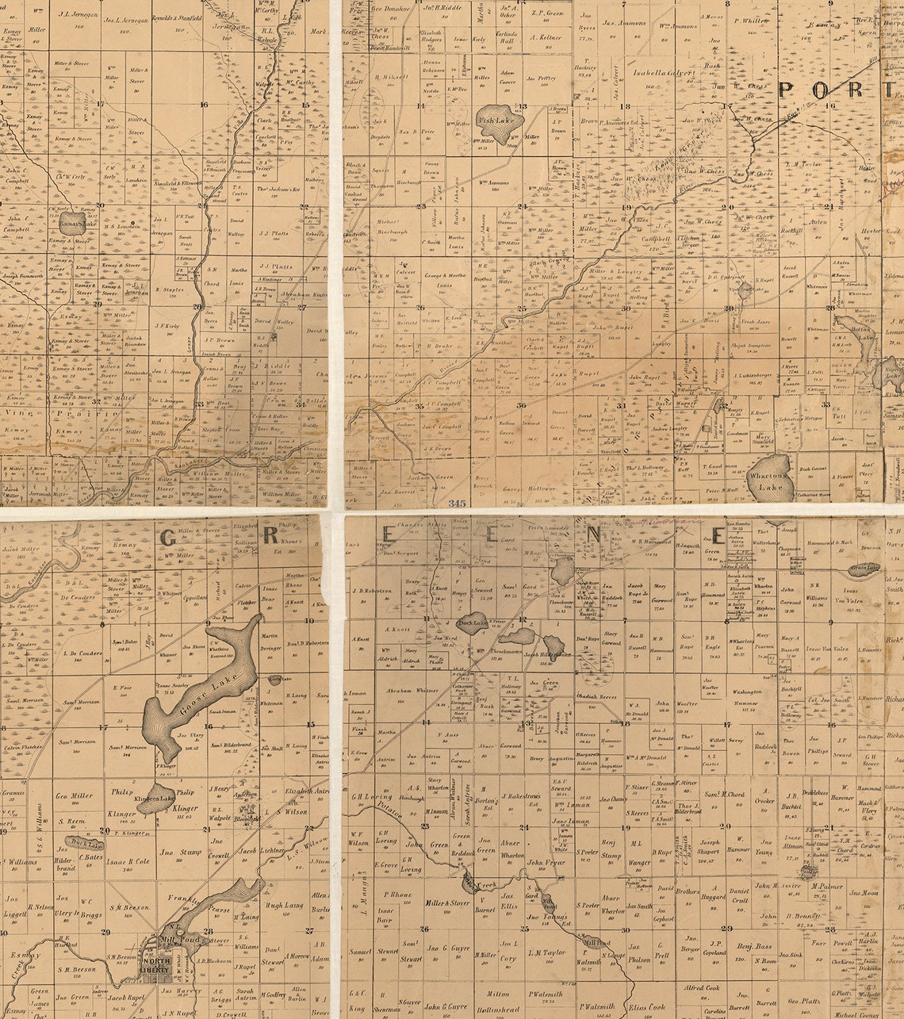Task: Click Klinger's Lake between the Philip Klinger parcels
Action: (x=156, y=799)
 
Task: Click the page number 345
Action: (x=457, y=503)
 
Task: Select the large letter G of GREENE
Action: (x=168, y=538)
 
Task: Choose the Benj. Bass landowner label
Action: (x=754, y=947)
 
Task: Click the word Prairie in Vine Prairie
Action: (x=77, y=412)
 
